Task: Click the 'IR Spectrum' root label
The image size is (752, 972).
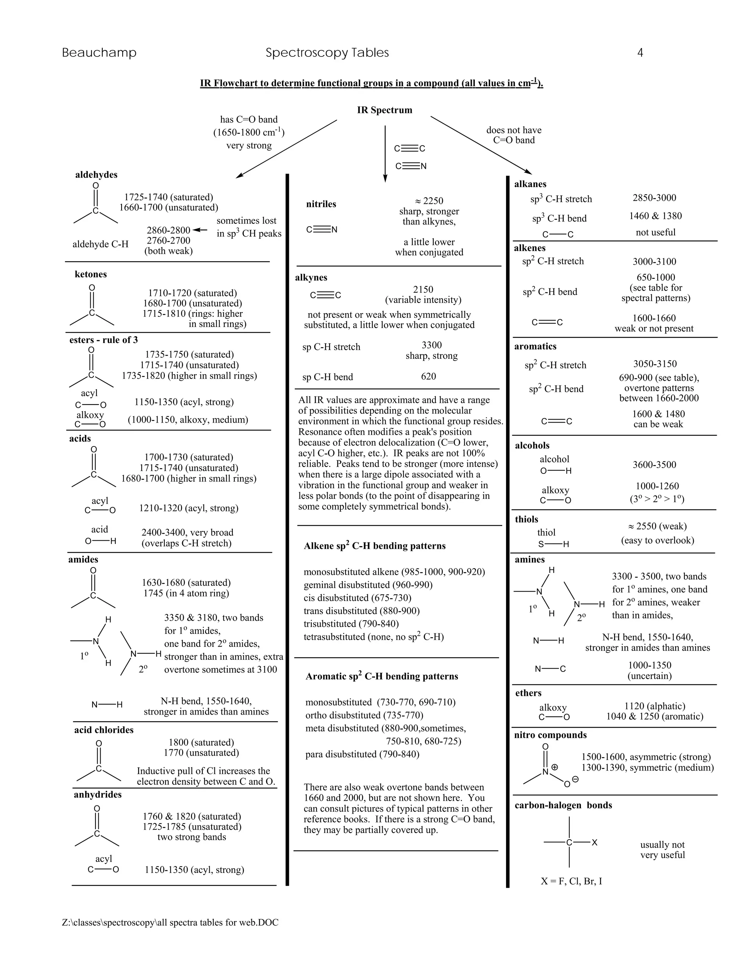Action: pos(384,110)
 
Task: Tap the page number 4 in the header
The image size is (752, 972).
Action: pos(640,53)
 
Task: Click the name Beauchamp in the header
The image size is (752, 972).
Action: pos(99,53)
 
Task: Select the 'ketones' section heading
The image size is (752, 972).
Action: pos(91,274)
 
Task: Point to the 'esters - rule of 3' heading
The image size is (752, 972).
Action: pos(103,340)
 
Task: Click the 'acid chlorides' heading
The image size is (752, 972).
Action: pos(104,730)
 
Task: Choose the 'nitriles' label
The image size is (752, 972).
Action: pos(321,204)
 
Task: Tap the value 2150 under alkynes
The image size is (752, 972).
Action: pos(423,290)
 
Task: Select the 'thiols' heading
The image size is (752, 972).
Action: pos(527,519)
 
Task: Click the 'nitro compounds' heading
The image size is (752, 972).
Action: pos(550,735)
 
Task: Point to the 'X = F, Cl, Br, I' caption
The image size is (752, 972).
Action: pos(572,881)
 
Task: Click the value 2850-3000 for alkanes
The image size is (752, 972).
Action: pos(654,198)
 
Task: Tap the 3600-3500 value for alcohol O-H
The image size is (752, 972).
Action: pos(654,465)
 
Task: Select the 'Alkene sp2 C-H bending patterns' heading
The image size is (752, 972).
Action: pos(375,546)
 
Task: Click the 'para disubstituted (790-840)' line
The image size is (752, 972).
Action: pos(362,754)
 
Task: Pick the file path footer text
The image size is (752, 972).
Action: pos(170,922)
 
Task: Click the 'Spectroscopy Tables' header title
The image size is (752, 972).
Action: pos(327,53)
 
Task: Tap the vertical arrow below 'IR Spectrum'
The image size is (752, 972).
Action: pos(385,154)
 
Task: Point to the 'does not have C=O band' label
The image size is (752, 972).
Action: pos(514,135)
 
